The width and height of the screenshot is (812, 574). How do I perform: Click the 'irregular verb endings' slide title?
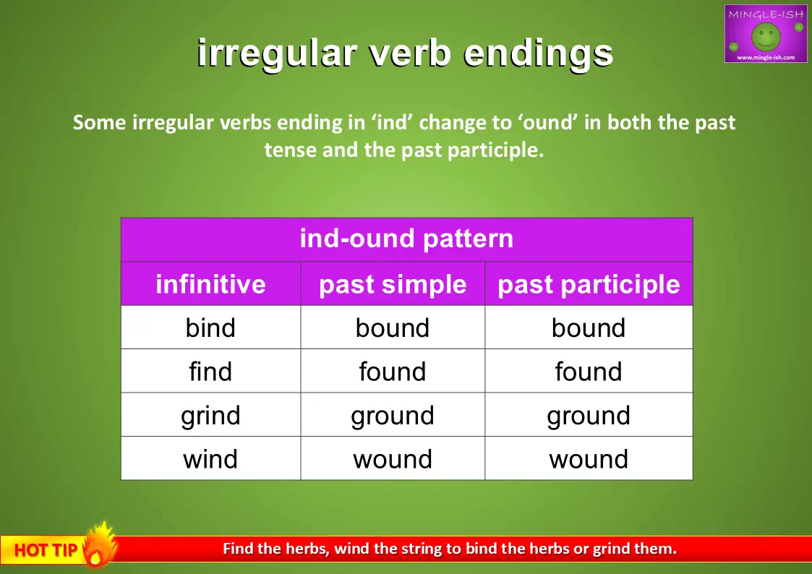(405, 53)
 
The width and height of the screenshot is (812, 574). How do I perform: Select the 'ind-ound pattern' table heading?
(406, 239)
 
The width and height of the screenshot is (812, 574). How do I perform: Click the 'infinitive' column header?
(210, 284)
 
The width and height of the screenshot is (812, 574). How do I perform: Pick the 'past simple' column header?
(393, 285)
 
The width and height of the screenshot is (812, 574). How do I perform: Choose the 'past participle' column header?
(589, 285)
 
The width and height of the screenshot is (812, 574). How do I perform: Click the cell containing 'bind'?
(210, 327)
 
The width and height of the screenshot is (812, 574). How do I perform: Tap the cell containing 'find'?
(210, 371)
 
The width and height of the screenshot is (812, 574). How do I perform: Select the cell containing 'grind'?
(210, 415)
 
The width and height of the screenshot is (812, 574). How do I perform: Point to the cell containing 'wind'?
(210, 459)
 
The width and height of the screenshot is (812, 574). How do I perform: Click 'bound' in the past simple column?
(393, 327)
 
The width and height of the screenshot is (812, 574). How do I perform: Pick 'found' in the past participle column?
(589, 371)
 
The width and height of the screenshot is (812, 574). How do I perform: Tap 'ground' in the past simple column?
(393, 416)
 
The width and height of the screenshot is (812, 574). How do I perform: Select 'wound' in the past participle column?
(589, 459)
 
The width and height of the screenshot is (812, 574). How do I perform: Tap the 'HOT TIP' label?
(46, 549)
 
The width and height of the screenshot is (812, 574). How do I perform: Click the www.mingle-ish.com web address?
(766, 57)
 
